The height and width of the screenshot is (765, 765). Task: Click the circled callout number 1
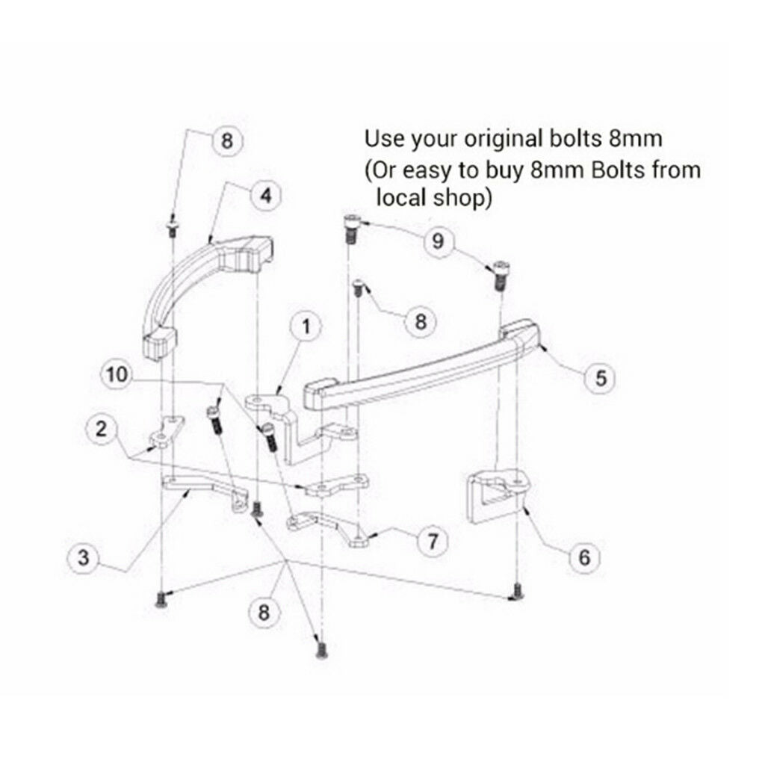(x=306, y=326)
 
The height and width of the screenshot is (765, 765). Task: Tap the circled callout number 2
(x=101, y=430)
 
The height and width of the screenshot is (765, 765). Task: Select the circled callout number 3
(x=84, y=557)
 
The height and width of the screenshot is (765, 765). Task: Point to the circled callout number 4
(x=266, y=195)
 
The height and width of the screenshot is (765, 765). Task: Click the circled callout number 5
(x=601, y=377)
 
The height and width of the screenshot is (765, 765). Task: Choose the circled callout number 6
(x=584, y=557)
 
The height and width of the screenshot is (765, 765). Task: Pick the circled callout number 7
(x=433, y=541)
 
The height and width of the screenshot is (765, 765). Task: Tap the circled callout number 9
(x=438, y=241)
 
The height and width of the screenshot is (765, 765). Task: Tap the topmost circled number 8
(x=227, y=141)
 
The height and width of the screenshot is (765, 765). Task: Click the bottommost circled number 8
(x=264, y=612)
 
